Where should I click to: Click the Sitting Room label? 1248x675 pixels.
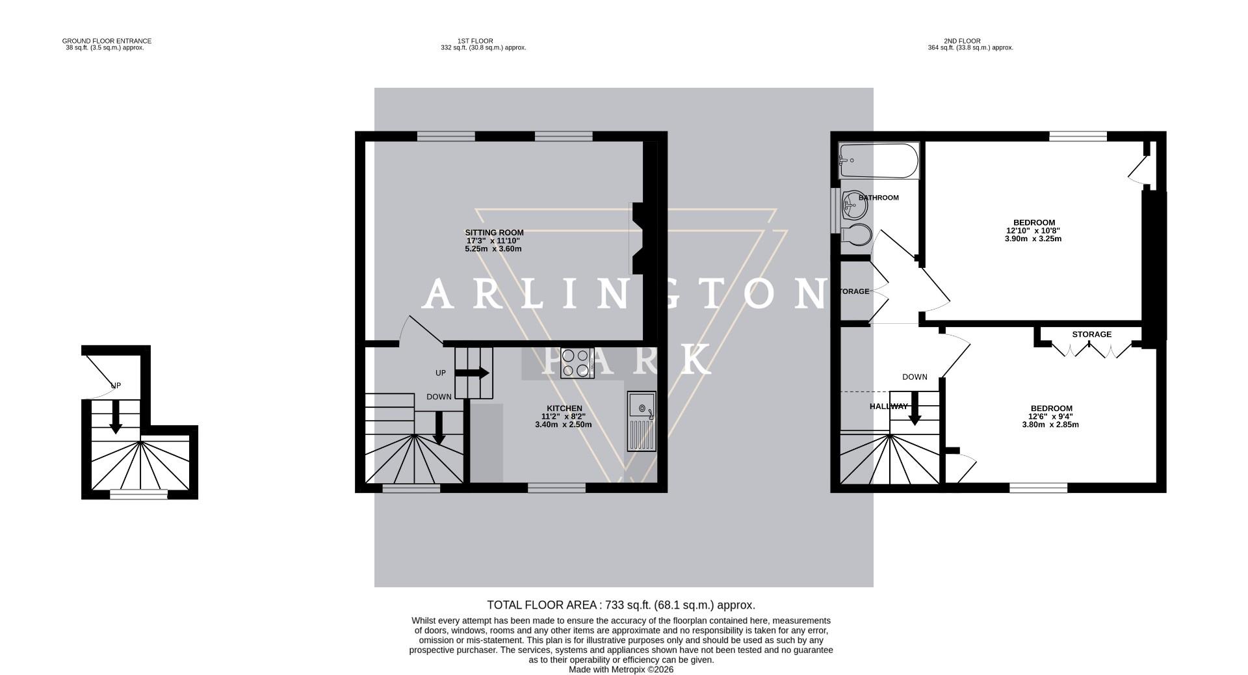[494, 232]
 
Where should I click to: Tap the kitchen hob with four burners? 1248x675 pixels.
[577, 364]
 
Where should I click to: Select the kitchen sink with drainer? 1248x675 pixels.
[642, 421]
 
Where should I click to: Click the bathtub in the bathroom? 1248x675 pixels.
[878, 160]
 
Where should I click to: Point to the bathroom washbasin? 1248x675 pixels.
[853, 206]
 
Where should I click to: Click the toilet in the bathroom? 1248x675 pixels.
[857, 235]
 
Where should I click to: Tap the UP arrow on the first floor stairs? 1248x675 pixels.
[472, 373]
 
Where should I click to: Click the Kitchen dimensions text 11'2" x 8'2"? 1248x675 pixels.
[563, 417]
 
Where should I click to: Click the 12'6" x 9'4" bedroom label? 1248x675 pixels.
[1050, 417]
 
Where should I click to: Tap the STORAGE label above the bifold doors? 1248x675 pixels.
[1091, 334]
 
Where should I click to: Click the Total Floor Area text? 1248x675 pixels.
[621, 605]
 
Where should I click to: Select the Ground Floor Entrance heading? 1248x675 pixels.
[106, 41]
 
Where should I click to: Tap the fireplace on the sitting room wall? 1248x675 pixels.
[639, 237]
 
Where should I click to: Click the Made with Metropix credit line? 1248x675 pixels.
[621, 669]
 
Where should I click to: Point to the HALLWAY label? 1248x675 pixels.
[889, 406]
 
